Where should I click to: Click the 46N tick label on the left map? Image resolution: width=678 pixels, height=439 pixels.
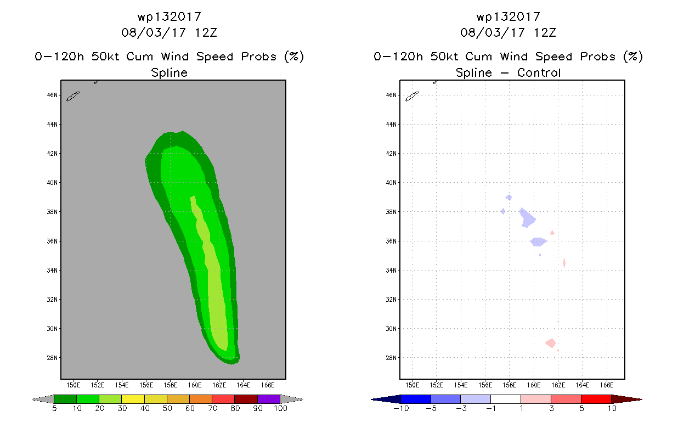pyautogui.click(x=52, y=95)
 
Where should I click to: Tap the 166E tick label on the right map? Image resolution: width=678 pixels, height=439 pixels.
pyautogui.click(x=607, y=384)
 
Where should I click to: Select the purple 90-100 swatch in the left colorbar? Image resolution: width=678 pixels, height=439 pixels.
pyautogui.click(x=269, y=399)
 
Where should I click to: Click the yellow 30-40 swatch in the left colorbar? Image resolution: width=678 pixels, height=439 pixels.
pyautogui.click(x=133, y=399)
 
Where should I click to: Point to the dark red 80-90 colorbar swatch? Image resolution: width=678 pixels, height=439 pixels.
pyautogui.click(x=246, y=399)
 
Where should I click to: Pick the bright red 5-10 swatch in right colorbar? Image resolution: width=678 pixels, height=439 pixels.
pyautogui.click(x=596, y=399)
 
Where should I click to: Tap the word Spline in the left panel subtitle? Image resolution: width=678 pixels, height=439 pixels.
pyautogui.click(x=169, y=73)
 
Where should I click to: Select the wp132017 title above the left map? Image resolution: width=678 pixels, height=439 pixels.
pyautogui.click(x=169, y=17)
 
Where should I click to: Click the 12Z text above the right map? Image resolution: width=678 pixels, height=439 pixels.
pyautogui.click(x=545, y=32)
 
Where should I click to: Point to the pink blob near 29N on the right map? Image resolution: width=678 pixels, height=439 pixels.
pyautogui.click(x=551, y=343)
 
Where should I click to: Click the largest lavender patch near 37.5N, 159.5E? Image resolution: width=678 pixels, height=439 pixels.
pyautogui.click(x=527, y=218)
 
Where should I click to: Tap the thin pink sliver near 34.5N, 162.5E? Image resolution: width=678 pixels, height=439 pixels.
pyautogui.click(x=564, y=263)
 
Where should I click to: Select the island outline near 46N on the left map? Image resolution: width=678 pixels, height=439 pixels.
pyautogui.click(x=74, y=97)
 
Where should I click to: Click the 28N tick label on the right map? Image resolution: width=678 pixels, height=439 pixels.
pyautogui.click(x=391, y=358)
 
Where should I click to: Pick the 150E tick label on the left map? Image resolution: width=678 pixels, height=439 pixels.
pyautogui.click(x=74, y=384)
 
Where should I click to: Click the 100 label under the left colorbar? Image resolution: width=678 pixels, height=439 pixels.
pyautogui.click(x=280, y=409)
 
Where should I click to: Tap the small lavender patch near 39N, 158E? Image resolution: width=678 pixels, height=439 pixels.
pyautogui.click(x=509, y=197)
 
